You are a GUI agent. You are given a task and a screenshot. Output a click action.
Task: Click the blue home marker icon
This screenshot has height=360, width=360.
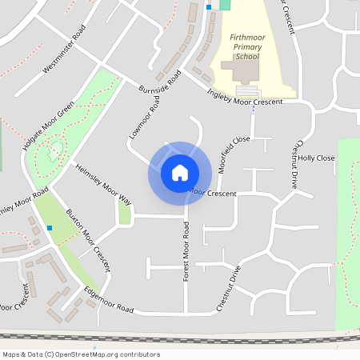[180, 173]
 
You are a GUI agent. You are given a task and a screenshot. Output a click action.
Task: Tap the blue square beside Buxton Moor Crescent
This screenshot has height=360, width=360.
[50, 228]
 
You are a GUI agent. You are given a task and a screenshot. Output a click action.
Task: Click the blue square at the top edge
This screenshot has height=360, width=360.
[209, 6]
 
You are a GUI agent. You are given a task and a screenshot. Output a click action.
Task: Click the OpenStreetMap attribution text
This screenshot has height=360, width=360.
[81, 354]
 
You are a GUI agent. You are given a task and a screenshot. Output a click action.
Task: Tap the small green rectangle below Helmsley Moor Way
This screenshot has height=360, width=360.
[124, 213]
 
